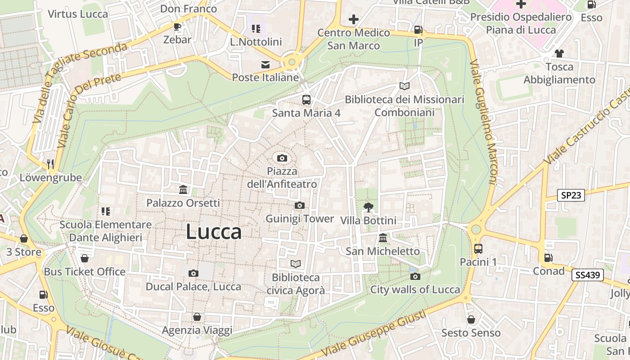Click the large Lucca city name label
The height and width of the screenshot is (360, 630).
coord(214,232)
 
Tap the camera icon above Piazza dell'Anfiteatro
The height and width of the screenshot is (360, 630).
coord(282,158)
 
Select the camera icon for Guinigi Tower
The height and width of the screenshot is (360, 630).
coord(300,206)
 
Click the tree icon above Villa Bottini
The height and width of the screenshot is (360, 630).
coord(368,207)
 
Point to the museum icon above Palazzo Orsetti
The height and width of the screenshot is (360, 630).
coord(183,190)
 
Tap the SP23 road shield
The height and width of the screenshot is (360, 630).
coord(571,195)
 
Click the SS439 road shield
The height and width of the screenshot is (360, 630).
coord(587,275)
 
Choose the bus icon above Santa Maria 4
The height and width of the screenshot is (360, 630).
coord(306,99)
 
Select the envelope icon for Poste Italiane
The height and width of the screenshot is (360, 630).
coord(265,65)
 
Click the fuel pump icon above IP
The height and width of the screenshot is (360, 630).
coord(418,30)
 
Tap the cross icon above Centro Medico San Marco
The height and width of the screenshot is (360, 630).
coord(354,19)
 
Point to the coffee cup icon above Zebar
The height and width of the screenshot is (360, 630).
coord(177,27)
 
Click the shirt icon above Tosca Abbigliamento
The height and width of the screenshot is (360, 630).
coord(559,54)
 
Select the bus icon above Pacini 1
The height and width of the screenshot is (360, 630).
coord(478,248)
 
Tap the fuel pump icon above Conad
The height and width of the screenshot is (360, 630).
coord(548,258)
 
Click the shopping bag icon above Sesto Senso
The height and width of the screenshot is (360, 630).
coord(471,319)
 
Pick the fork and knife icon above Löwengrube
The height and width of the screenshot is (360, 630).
coord(50,164)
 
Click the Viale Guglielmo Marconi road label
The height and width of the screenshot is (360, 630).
coord(483,121)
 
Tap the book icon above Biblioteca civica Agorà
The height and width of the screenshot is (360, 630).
coord(296,264)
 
